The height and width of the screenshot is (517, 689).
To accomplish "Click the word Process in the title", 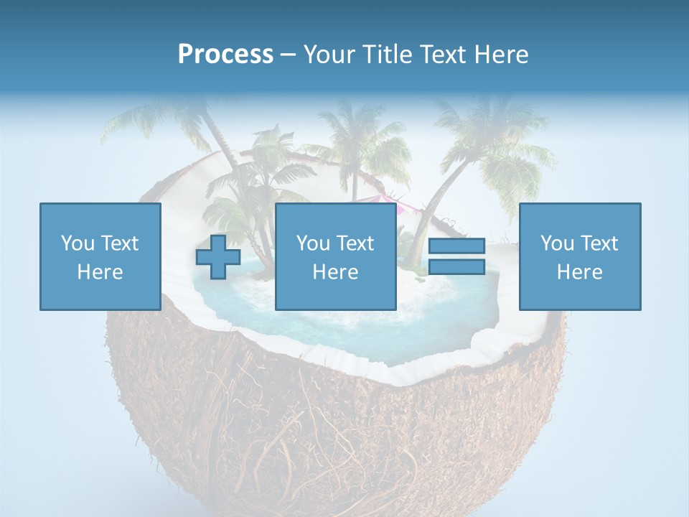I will (225, 55).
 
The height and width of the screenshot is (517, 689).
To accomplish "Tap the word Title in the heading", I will (390, 55).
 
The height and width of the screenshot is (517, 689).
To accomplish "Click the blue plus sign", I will (218, 257).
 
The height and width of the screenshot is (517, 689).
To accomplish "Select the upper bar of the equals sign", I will (456, 246).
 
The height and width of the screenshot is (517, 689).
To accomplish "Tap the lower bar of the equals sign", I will (456, 267).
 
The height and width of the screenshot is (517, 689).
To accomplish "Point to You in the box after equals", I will (556, 243).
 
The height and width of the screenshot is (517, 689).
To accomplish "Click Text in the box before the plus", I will (119, 243).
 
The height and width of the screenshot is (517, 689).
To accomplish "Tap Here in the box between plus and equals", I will (336, 272).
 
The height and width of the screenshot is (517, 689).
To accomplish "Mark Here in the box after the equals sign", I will (580, 272).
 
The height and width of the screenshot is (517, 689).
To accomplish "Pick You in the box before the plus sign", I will (77, 243).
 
